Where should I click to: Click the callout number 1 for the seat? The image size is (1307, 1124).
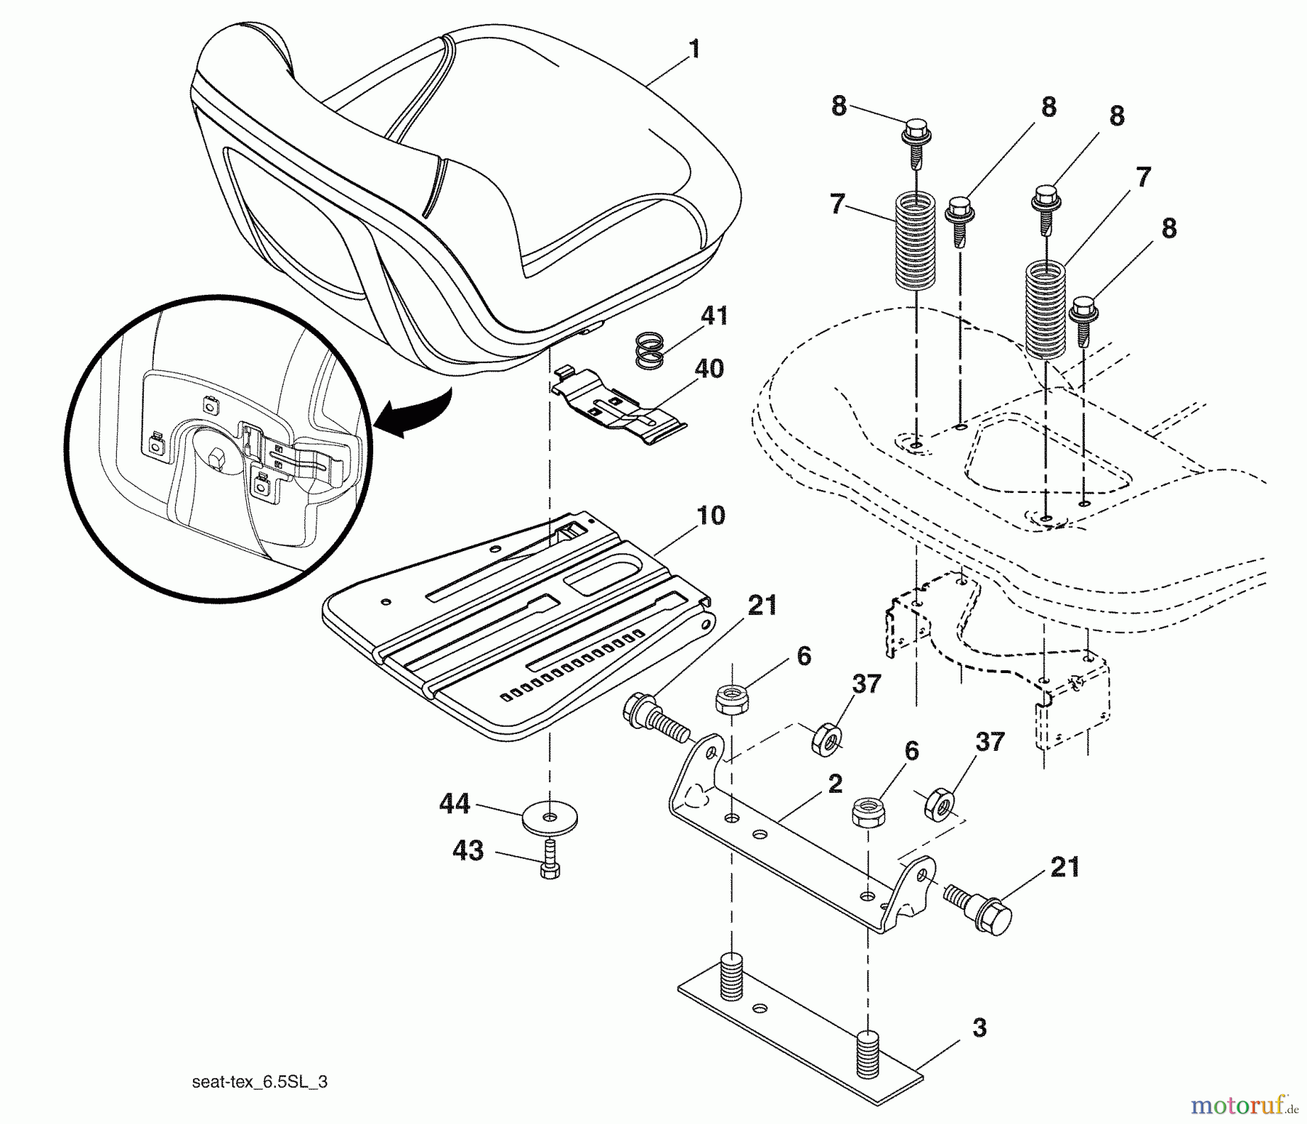[694, 49]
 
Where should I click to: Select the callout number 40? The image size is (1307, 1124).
[709, 368]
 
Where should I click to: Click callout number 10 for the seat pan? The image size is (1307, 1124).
[710, 516]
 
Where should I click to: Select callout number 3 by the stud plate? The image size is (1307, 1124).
[979, 1028]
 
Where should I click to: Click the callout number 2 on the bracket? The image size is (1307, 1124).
[835, 783]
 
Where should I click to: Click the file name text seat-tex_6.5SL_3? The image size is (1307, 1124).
[260, 1083]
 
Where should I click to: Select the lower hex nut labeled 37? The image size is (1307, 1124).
[938, 803]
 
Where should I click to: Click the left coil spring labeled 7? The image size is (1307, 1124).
[914, 240]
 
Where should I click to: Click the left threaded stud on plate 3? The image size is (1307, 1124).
[732, 976]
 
